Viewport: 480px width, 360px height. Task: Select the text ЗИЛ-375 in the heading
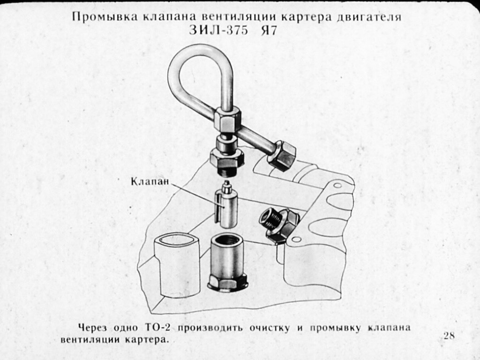coord(218,30)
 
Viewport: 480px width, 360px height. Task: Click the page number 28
coord(449,336)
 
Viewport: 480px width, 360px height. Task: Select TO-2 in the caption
coord(156,328)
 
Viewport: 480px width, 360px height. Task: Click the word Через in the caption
coord(93,328)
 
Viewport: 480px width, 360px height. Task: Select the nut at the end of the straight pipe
coord(282,155)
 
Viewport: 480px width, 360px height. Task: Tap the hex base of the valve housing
coord(227,282)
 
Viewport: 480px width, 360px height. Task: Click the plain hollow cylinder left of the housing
coord(177,265)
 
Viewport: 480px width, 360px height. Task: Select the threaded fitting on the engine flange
coord(278,224)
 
